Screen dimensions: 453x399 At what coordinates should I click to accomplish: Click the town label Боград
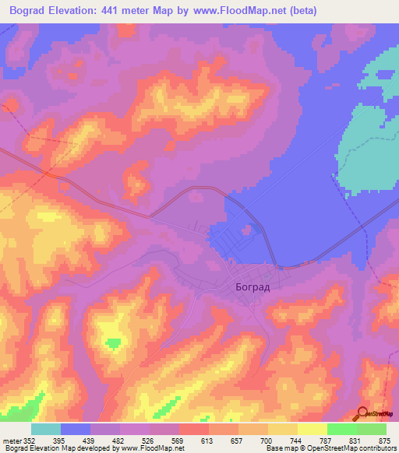point(253,286)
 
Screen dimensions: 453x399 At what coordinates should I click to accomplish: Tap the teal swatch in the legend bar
point(46,429)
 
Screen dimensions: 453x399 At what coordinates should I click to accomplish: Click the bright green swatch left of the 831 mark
point(342,429)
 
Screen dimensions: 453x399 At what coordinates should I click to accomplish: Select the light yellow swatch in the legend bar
point(312,429)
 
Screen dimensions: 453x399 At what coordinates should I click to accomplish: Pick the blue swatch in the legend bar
point(76,429)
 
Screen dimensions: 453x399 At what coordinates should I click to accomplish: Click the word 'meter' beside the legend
point(9,441)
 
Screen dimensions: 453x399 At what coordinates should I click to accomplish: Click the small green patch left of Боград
point(115,342)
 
